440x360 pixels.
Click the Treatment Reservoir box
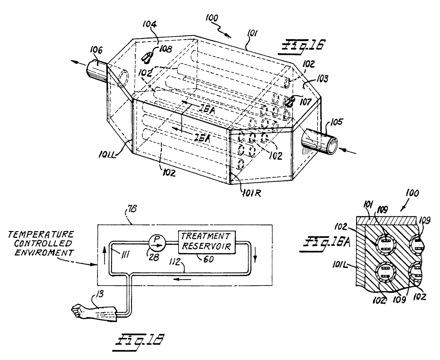coord(206,242)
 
